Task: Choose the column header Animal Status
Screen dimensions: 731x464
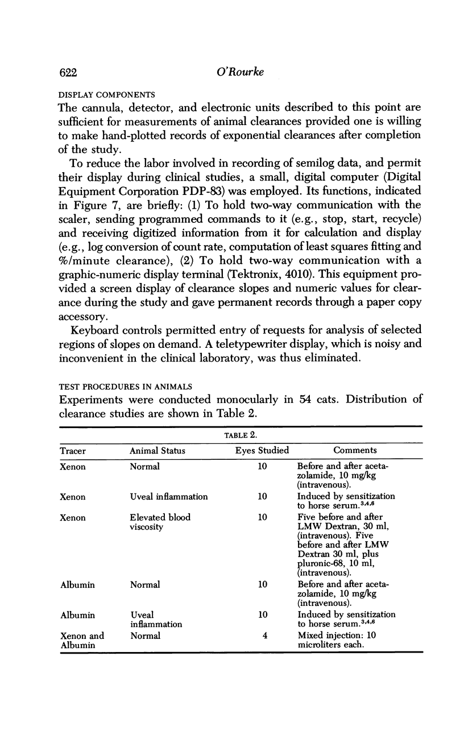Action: coord(158,450)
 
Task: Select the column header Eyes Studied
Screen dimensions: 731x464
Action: coord(262,450)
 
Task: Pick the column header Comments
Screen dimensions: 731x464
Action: coord(355,450)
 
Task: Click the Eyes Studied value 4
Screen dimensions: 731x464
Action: coord(265,636)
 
